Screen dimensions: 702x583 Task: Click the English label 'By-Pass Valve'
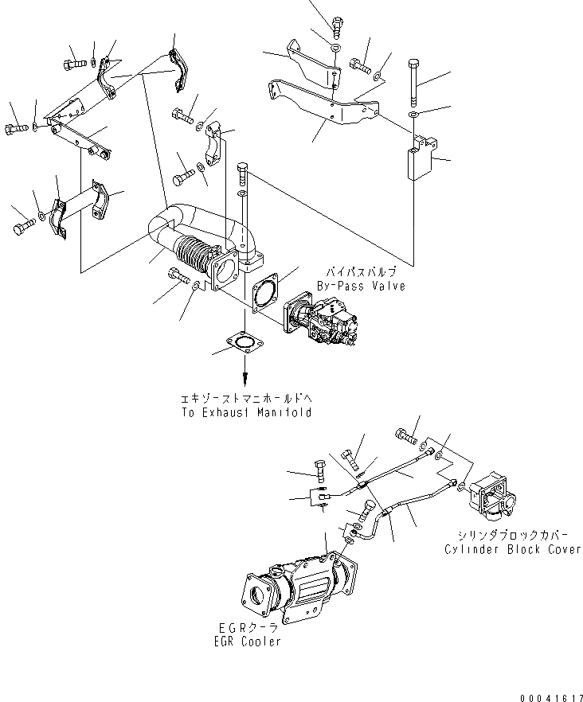[x=361, y=286]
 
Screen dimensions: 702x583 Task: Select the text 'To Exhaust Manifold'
[x=245, y=412]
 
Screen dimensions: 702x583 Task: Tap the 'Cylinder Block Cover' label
[x=513, y=549]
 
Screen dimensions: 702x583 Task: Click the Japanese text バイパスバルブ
[x=361, y=271]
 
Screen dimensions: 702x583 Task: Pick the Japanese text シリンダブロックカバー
[x=513, y=536]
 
